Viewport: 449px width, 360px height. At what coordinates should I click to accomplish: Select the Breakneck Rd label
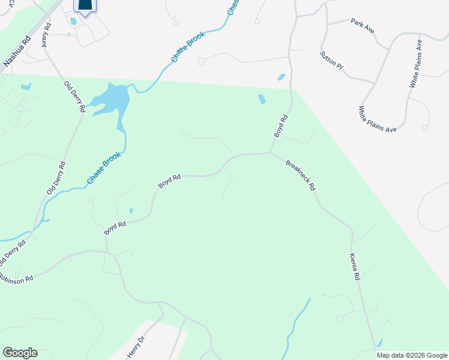(301, 175)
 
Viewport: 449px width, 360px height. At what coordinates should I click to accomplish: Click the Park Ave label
(362, 25)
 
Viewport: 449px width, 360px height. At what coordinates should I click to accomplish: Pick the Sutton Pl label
(331, 61)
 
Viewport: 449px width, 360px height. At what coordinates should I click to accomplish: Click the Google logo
(20, 353)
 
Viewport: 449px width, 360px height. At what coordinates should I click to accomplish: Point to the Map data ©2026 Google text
(412, 355)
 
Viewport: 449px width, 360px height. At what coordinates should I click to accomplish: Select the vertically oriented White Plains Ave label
(415, 64)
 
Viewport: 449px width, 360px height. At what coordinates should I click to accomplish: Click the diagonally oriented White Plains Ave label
(378, 119)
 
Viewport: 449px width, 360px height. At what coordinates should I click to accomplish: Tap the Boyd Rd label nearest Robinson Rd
(115, 228)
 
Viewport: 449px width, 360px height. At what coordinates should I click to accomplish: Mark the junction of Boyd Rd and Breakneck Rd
(269, 152)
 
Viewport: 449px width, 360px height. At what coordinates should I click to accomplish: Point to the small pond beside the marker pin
(73, 21)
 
